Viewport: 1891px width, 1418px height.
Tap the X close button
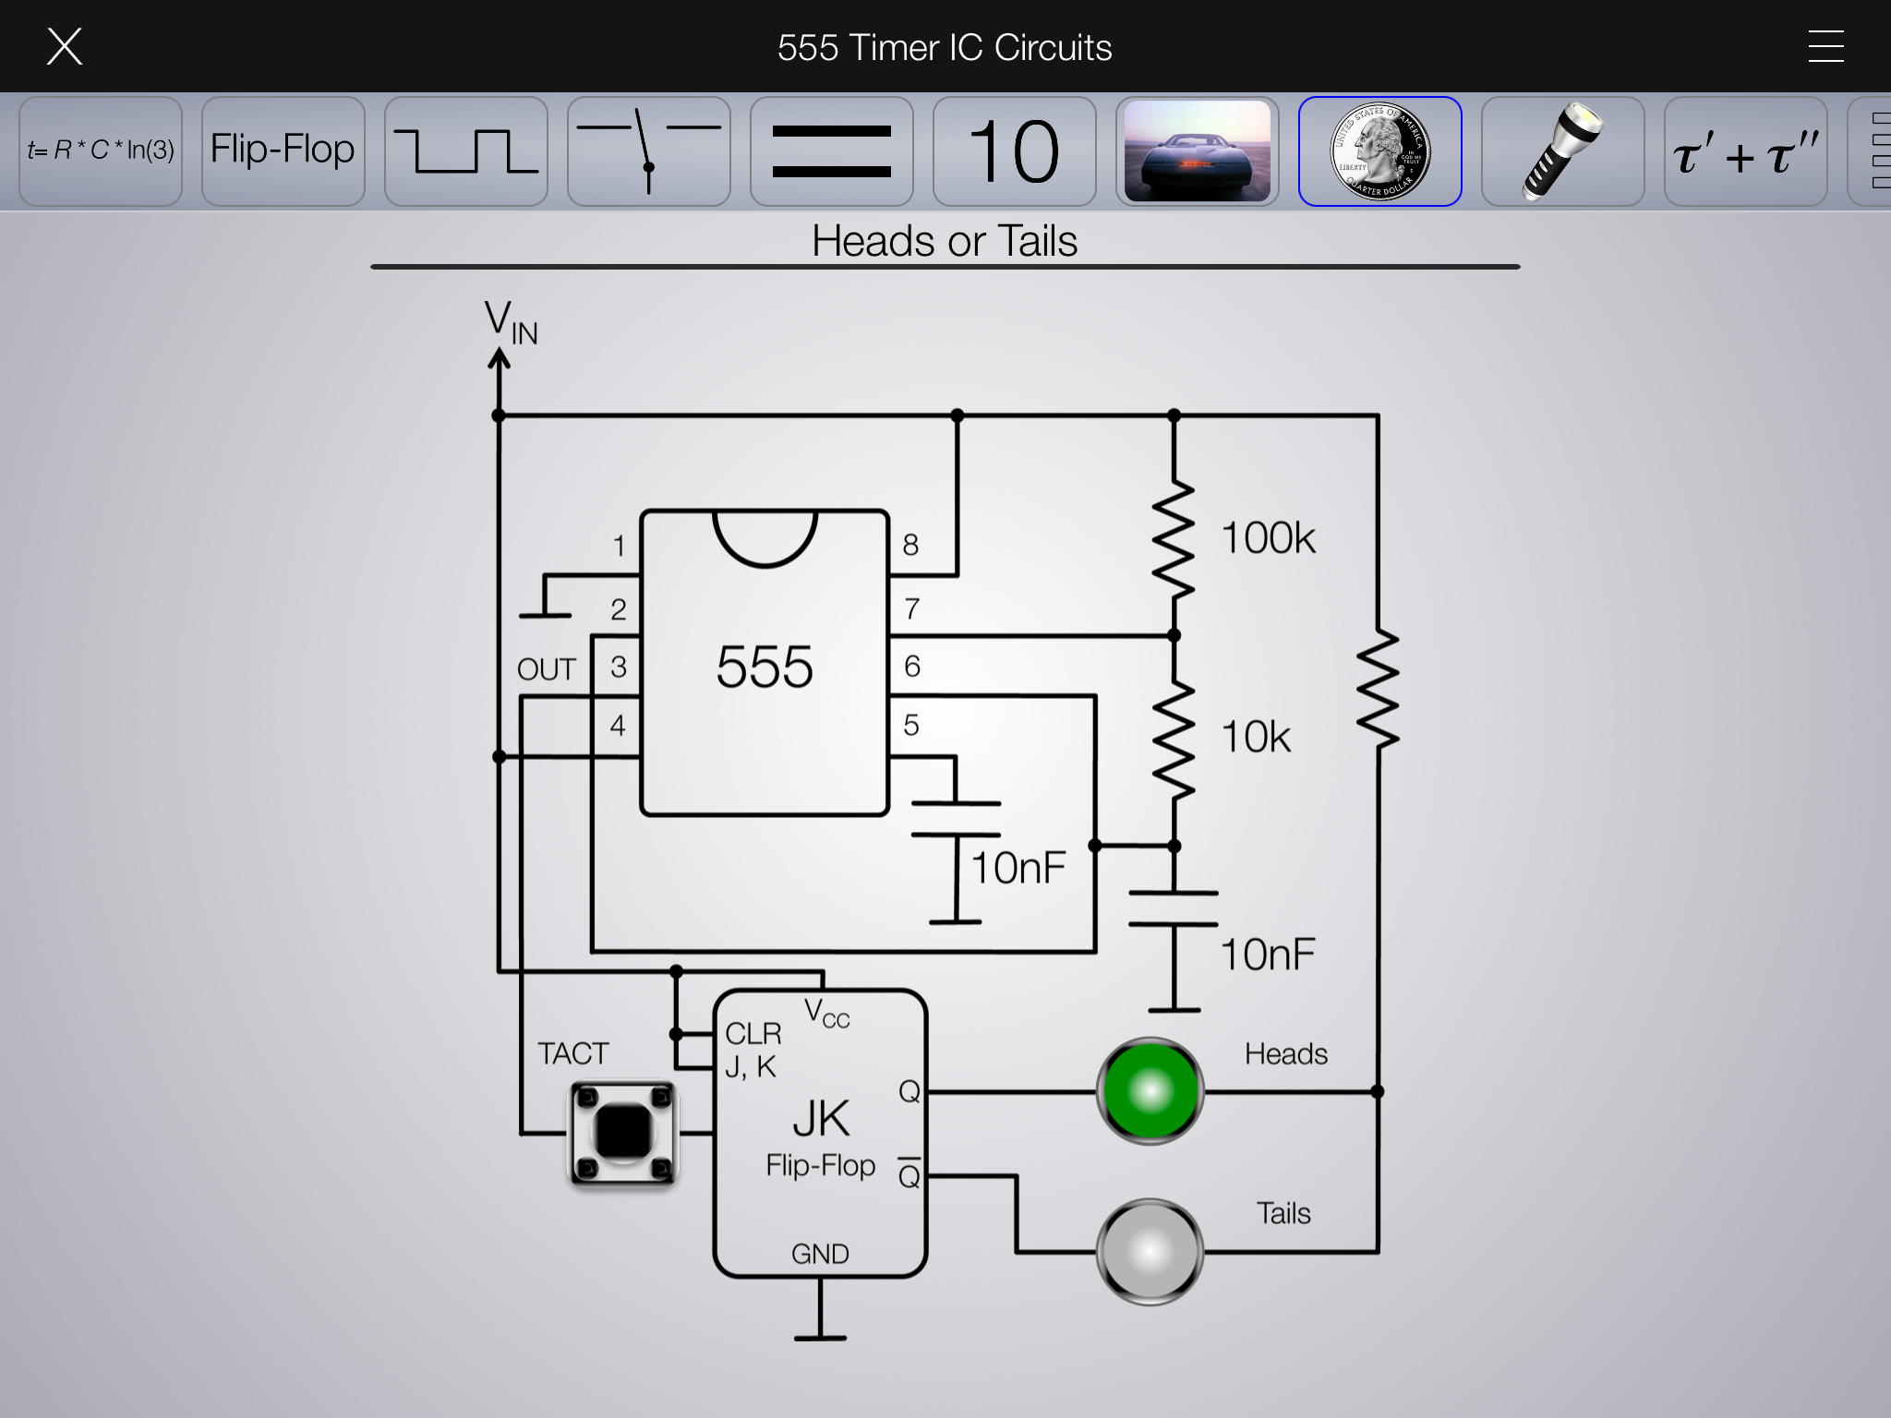pyautogui.click(x=65, y=46)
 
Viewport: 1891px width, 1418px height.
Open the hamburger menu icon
pyautogui.click(x=1825, y=46)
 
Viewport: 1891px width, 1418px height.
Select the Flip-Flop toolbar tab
pyautogui.click(x=283, y=150)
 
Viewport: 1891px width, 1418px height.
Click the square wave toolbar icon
pyautogui.click(x=465, y=150)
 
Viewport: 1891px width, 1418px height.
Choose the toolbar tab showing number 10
pyautogui.click(x=1014, y=150)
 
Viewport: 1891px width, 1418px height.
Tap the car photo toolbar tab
pyautogui.click(x=1197, y=150)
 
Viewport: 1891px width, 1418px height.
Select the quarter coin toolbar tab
pyautogui.click(x=1379, y=150)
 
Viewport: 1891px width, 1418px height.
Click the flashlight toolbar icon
pyautogui.click(x=1562, y=150)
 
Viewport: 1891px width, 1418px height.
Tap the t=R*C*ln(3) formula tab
pyautogui.click(x=101, y=150)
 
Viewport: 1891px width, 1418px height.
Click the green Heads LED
pyautogui.click(x=1150, y=1091)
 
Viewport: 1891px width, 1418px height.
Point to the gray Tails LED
pyautogui.click(x=1150, y=1252)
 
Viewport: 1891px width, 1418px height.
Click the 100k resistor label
pyautogui.click(x=1268, y=538)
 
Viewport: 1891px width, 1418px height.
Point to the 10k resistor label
pyautogui.click(x=1255, y=737)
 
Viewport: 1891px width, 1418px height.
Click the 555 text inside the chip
pyautogui.click(x=765, y=667)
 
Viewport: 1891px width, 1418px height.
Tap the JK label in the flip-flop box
pyautogui.click(x=821, y=1119)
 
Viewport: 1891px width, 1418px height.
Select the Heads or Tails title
pyautogui.click(x=945, y=241)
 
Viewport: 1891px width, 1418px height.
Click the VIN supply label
pyautogui.click(x=511, y=323)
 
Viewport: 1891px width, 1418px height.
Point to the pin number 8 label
pyautogui.click(x=910, y=545)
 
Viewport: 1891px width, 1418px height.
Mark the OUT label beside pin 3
pyautogui.click(x=546, y=669)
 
